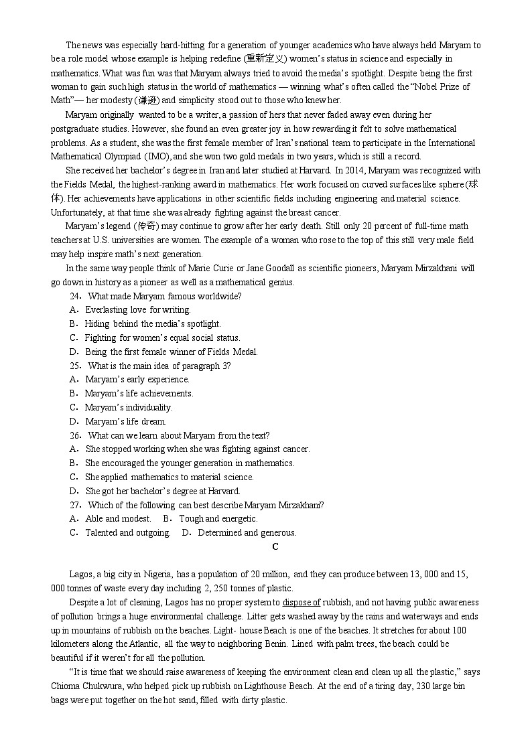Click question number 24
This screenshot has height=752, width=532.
74,296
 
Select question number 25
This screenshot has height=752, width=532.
74,366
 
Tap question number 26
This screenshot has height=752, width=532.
74,435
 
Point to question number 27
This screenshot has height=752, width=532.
74,505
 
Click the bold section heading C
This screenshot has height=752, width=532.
275,547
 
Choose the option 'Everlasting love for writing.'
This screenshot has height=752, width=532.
137,310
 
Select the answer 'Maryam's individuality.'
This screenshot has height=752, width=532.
128,407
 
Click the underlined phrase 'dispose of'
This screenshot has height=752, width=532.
302,603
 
